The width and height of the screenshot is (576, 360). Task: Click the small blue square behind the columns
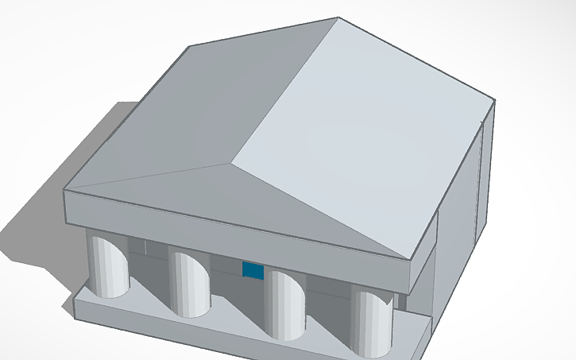coord(253,270)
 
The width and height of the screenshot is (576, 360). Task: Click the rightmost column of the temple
coord(373,321)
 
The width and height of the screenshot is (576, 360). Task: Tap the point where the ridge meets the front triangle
coord(230,164)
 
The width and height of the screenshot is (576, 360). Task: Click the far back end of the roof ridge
coord(338,17)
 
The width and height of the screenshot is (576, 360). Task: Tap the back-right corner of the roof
coord(496,102)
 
